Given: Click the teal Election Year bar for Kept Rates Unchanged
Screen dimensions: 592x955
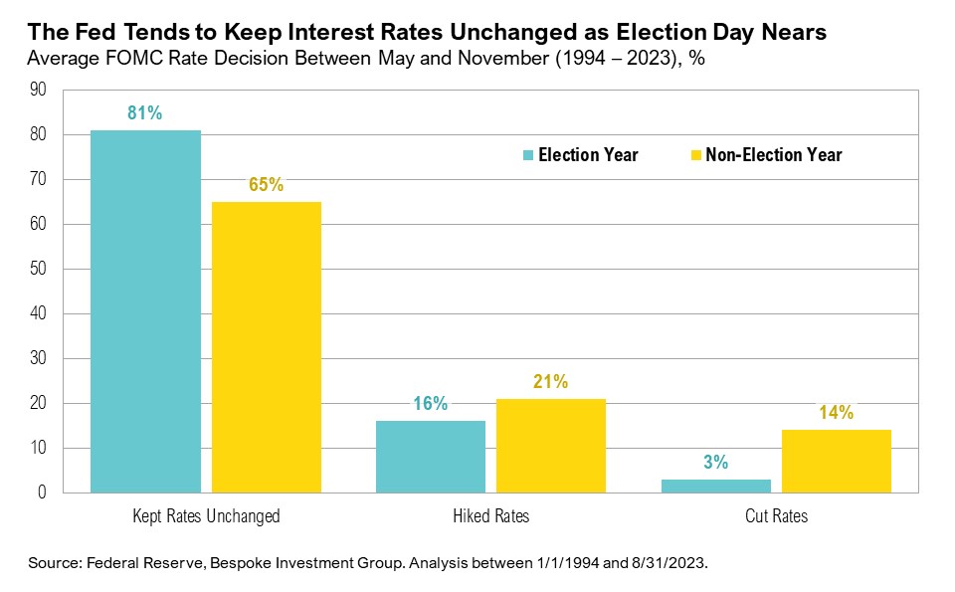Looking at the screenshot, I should click(145, 311).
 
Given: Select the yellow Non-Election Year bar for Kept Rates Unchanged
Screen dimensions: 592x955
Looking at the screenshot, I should click(267, 347).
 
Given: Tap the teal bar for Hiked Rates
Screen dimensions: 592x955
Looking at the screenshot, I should click(430, 457).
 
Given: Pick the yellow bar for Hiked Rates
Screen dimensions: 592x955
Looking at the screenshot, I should click(551, 446).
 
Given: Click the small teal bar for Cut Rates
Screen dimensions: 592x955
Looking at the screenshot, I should click(715, 486).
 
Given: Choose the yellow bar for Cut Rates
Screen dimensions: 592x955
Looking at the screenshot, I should click(837, 461).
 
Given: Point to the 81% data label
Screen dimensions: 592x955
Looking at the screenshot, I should click(145, 113).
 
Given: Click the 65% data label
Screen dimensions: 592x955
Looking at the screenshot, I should click(267, 185).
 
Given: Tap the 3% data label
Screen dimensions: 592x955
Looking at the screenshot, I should click(715, 463).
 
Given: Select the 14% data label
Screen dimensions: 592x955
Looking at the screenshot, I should click(837, 413).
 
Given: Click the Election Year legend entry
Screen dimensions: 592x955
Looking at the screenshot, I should click(581, 155).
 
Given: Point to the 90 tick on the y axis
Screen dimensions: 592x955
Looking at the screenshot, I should click(39, 90).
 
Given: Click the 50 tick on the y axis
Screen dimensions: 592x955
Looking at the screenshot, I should click(39, 269).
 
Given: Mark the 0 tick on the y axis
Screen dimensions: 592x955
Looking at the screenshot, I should click(43, 493).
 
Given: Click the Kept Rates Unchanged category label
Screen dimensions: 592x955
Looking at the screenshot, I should click(206, 516).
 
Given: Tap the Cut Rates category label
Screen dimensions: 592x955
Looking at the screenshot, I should click(776, 516).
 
